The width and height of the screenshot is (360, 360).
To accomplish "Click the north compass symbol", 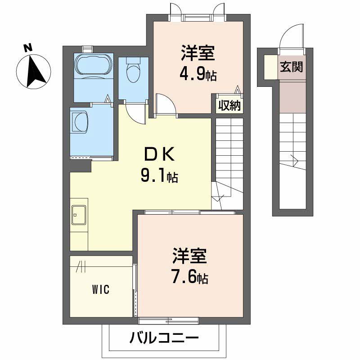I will point(33,70).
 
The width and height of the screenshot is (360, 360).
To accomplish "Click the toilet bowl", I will point(133,72).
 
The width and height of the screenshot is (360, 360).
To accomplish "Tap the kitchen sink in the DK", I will point(79,214).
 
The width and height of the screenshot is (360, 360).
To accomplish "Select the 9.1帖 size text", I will point(159,176).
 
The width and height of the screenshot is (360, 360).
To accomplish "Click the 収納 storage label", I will point(229,106).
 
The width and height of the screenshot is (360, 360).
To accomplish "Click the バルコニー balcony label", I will point(164,337).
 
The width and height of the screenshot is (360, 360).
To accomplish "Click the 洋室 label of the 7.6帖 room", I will point(189,256).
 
